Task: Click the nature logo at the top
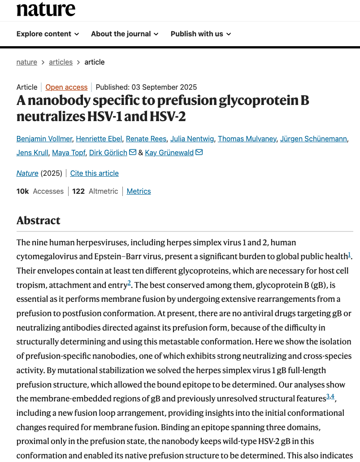click(x=46, y=9)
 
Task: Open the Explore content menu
click(x=48, y=34)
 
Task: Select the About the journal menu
click(x=124, y=34)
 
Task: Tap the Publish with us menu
click(x=200, y=34)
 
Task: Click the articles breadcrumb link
click(x=60, y=62)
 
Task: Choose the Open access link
click(x=66, y=87)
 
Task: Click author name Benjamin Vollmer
click(x=44, y=139)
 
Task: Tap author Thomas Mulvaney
click(x=247, y=139)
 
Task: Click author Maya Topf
click(x=69, y=153)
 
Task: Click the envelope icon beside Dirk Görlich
click(x=133, y=153)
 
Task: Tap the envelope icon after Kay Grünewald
click(x=199, y=153)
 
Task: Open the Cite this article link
click(x=95, y=173)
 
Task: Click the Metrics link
click(x=139, y=191)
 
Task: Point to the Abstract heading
click(x=39, y=220)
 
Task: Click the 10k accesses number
click(x=22, y=191)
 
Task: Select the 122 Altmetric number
click(x=78, y=191)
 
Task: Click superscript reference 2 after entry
click(x=129, y=283)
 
